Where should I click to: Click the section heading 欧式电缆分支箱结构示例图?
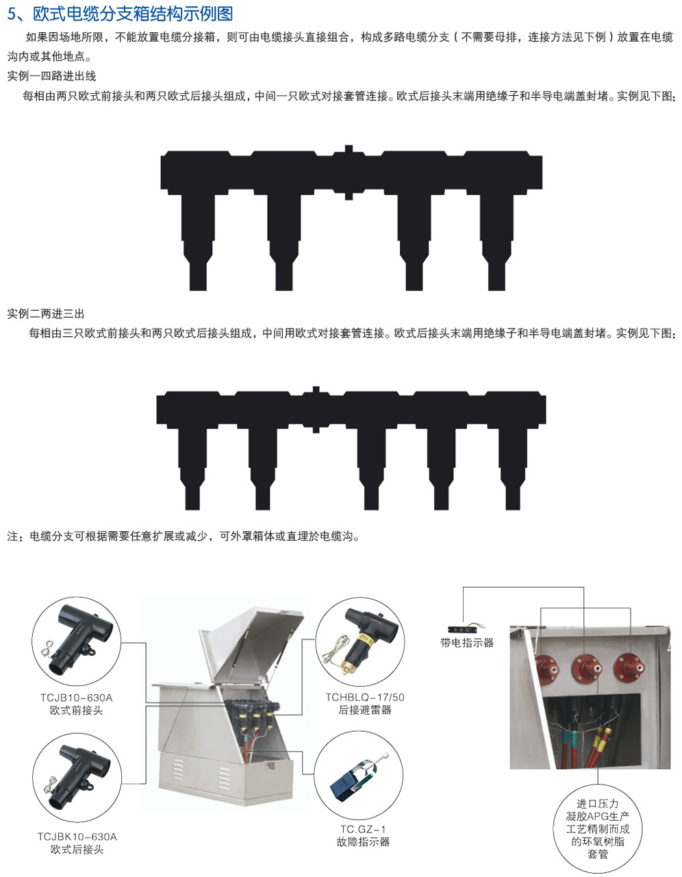click(x=133, y=14)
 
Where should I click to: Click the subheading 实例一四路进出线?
click(x=51, y=76)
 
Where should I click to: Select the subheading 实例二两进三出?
click(x=46, y=314)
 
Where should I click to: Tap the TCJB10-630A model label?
click(x=76, y=698)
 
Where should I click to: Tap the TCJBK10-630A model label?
click(x=77, y=837)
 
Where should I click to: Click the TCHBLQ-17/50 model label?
click(x=365, y=697)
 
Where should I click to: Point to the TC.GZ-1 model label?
click(x=363, y=829)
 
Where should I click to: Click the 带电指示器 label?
click(x=467, y=643)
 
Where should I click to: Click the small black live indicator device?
click(x=466, y=628)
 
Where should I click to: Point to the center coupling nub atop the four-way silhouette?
click(x=349, y=149)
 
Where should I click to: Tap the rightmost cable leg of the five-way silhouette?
click(x=512, y=468)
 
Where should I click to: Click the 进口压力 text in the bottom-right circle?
click(x=598, y=804)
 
